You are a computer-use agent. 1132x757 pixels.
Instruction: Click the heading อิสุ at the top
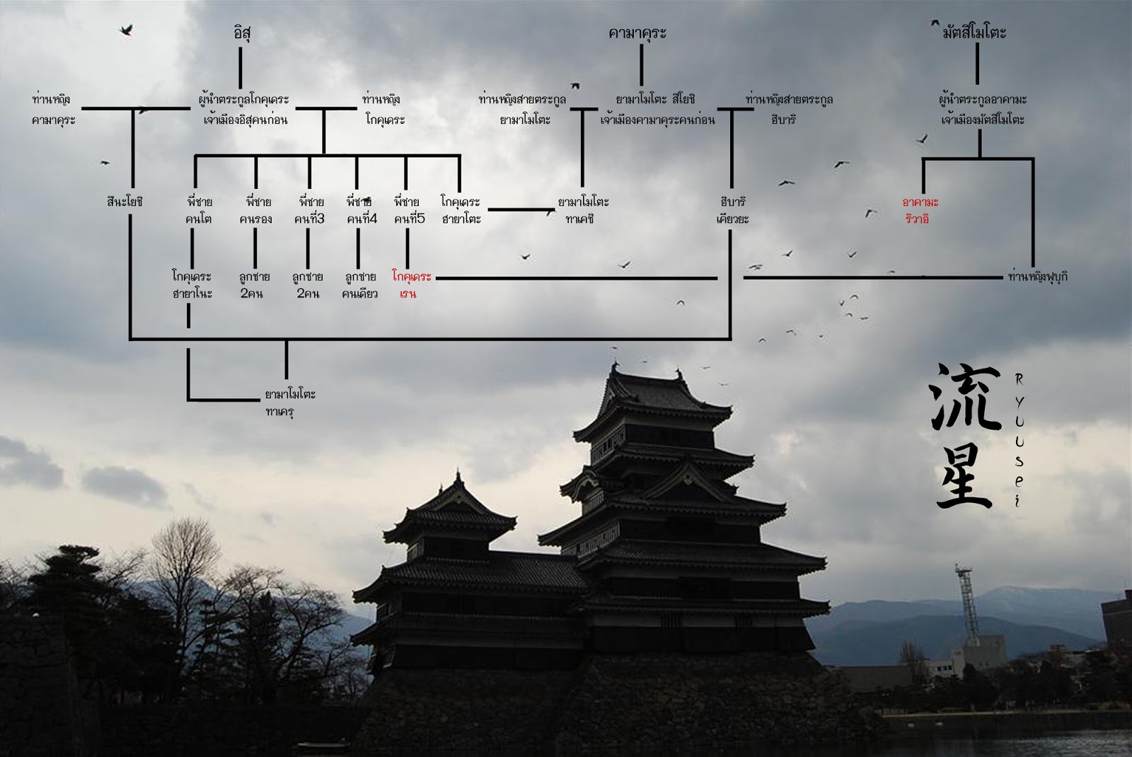[241, 33]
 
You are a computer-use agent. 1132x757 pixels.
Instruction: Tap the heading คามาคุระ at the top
[637, 33]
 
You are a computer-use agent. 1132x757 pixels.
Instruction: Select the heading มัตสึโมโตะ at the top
[974, 33]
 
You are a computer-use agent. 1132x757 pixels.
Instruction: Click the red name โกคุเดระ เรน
[411, 284]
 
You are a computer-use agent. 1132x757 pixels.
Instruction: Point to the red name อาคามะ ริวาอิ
[916, 210]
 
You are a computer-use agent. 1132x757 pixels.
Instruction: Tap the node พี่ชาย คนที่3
[309, 210]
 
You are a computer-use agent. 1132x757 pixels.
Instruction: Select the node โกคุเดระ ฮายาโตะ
[460, 210]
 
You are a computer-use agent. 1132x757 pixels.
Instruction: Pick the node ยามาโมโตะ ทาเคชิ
[583, 210]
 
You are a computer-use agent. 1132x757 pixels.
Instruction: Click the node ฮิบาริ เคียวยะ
[732, 210]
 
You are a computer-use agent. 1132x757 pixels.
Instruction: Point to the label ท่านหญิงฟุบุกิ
[1037, 277]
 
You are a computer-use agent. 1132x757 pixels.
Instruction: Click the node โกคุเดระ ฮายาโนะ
[192, 284]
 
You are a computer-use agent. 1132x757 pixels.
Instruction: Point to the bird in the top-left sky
[127, 30]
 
